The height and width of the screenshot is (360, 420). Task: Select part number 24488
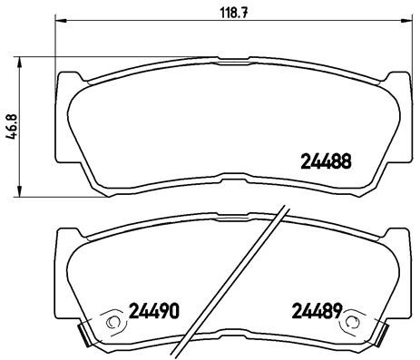326,163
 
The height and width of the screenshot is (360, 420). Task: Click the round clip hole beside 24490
112,320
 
